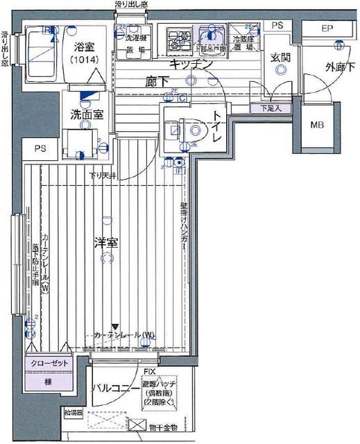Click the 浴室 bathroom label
[85, 49]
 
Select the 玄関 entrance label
[280, 58]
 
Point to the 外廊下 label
[340, 67]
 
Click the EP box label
[329, 28]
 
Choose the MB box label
[317, 126]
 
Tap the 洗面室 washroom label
[87, 114]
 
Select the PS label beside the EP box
[277, 26]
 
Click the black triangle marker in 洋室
[115, 327]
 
